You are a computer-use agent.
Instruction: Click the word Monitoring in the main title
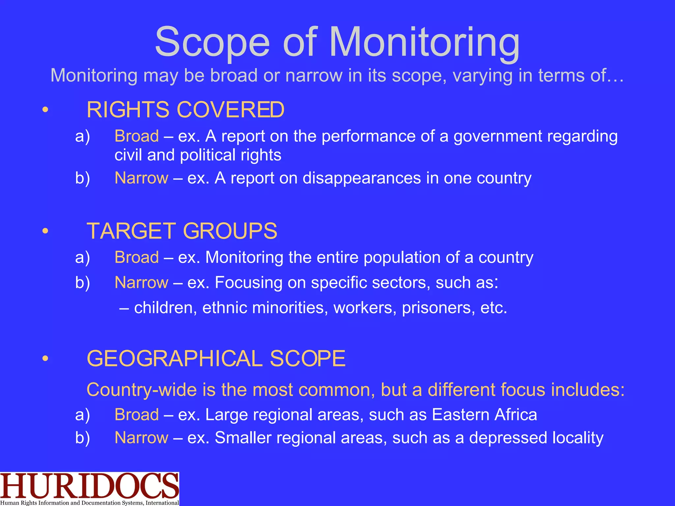coord(424,43)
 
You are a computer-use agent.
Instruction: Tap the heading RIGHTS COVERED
coord(185,110)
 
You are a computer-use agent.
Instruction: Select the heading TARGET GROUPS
coord(182,231)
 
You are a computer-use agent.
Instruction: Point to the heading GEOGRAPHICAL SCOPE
coord(216,358)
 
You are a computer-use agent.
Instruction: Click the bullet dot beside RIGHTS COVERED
coord(45,110)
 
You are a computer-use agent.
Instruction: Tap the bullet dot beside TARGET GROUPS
coord(45,231)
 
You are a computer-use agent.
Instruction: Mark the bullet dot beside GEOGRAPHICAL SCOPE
coord(45,359)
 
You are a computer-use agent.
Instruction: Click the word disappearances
coord(362,178)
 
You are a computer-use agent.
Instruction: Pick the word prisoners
coord(438,308)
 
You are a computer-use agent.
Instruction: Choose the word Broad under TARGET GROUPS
coord(137,257)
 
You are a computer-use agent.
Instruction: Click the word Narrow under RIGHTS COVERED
coord(141,178)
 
